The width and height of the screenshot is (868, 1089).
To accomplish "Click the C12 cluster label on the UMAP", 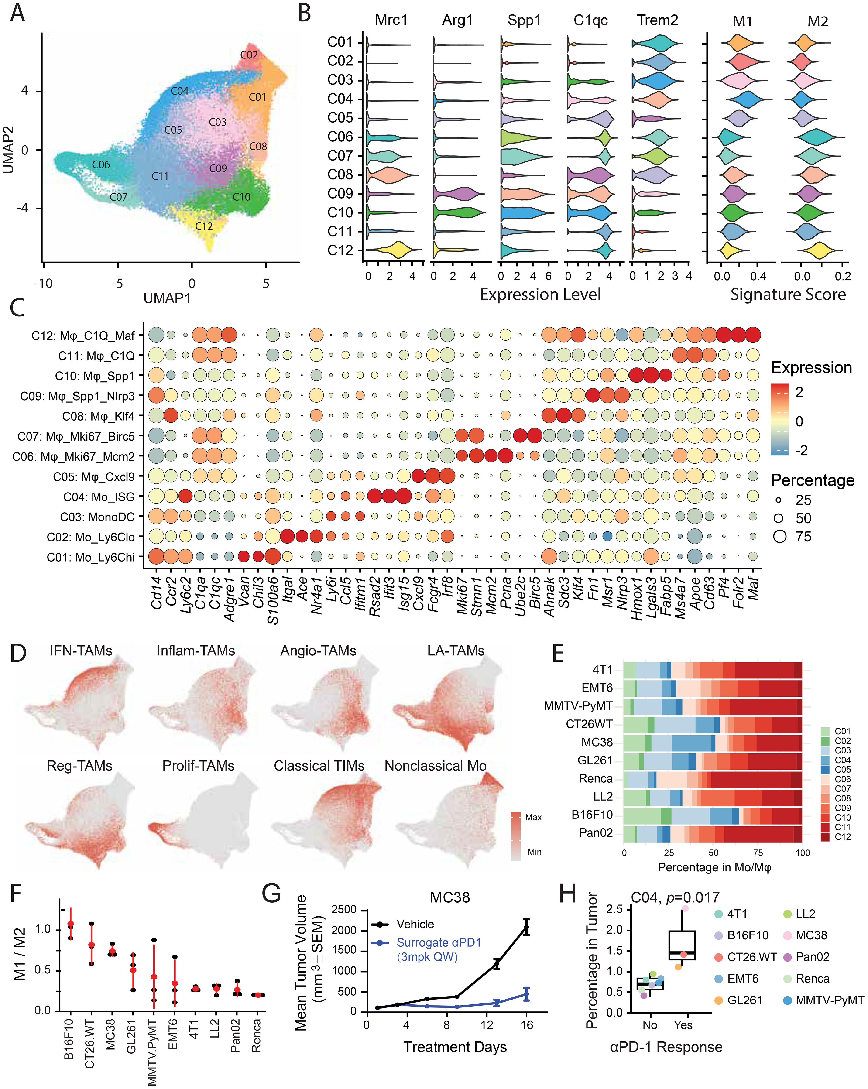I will (204, 226).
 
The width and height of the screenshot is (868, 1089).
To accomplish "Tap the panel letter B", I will (304, 14).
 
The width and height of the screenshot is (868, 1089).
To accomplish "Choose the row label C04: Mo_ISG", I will (99, 497).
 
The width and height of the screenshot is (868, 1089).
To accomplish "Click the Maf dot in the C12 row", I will (753, 335).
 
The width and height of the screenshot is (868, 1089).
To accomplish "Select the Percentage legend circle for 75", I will (780, 536).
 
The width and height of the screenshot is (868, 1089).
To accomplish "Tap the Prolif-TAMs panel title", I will (198, 766).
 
